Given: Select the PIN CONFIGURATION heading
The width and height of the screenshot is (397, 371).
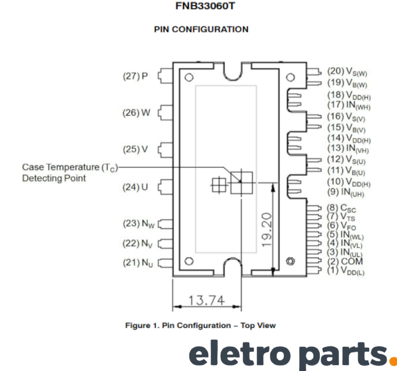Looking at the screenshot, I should point(201,29).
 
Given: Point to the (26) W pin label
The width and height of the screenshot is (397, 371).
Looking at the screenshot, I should point(136,113).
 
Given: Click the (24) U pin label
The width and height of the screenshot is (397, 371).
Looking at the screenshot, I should point(135,187).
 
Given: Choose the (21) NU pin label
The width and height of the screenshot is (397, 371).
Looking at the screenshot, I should point(138,263).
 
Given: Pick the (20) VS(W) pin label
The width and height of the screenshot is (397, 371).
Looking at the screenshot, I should point(347,71).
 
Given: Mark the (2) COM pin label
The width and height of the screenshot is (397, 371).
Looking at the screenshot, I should point(345,261).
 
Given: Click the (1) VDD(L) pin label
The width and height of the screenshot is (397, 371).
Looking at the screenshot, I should point(346,270).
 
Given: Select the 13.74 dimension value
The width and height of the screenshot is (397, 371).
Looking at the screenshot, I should point(206,300).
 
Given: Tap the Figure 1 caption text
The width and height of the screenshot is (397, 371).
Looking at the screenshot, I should point(201,326).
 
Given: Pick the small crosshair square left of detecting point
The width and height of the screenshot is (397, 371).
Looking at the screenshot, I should point(218,185).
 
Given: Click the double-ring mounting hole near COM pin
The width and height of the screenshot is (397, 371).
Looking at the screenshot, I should point(290,261).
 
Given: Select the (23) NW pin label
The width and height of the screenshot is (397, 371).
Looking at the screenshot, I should point(139,224).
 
